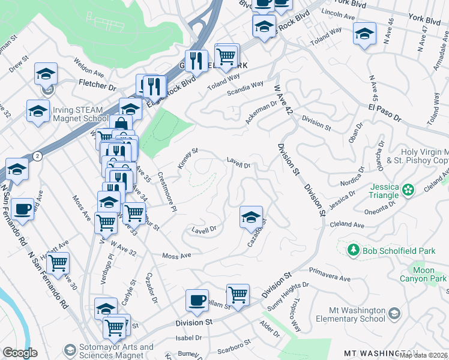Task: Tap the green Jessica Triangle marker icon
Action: pos(409,190)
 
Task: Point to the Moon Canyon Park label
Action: pos(424,275)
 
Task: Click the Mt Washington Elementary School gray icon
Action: pos(394,313)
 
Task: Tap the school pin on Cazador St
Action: pos(251,217)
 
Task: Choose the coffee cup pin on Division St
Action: pos(196,300)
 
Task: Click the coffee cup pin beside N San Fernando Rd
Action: pos(22,209)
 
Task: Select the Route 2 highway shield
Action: pos(37,156)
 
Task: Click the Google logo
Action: pos(20,353)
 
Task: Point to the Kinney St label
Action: pos(187,158)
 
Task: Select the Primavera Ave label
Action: pos(329,278)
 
